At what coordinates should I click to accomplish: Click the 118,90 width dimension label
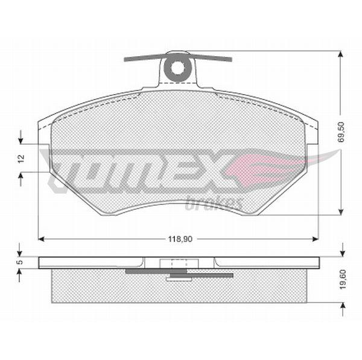click(180, 239)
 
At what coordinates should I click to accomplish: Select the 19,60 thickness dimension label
click(343, 279)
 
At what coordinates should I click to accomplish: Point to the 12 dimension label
click(21, 159)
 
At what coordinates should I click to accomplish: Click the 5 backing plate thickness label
click(20, 262)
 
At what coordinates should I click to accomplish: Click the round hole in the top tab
click(178, 68)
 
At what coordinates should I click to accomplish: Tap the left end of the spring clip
click(125, 59)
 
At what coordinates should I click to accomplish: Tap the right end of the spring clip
click(230, 60)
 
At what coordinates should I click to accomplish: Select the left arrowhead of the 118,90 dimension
click(41, 239)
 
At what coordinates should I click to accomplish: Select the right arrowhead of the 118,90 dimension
click(316, 239)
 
